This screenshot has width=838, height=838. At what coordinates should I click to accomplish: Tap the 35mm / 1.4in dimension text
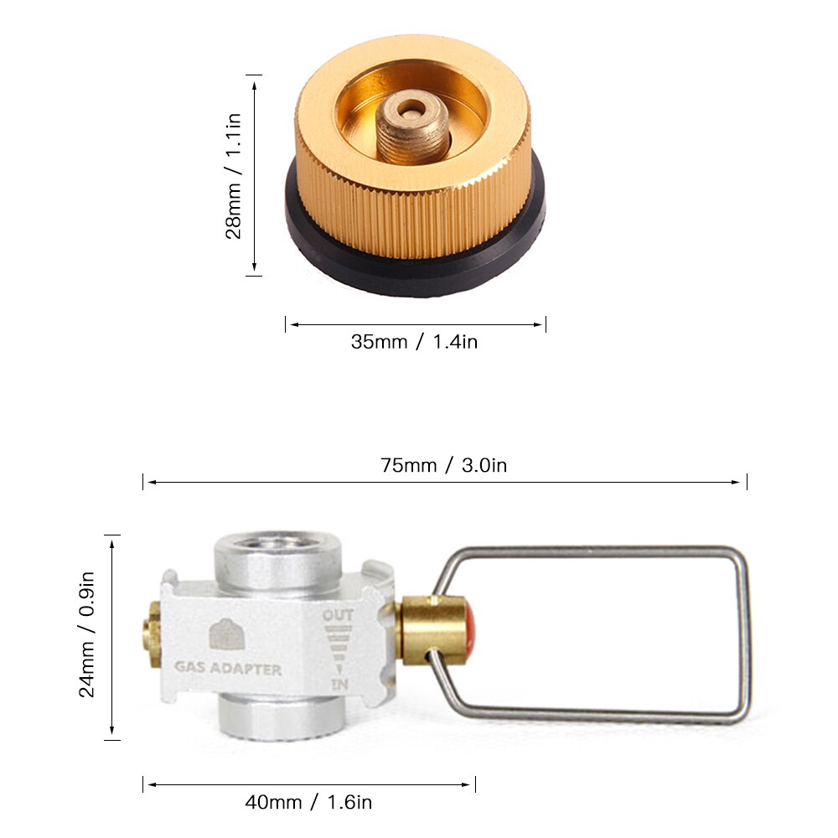[414, 342]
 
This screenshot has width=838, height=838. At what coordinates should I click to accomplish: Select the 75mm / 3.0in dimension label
[443, 465]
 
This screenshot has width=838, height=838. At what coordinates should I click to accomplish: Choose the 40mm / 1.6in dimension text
[308, 802]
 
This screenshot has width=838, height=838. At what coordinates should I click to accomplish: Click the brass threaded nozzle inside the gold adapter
[411, 126]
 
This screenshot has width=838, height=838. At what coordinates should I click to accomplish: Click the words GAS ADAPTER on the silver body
[227, 670]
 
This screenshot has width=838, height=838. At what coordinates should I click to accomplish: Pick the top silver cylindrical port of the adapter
[273, 556]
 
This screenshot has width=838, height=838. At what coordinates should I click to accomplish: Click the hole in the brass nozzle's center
[411, 108]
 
